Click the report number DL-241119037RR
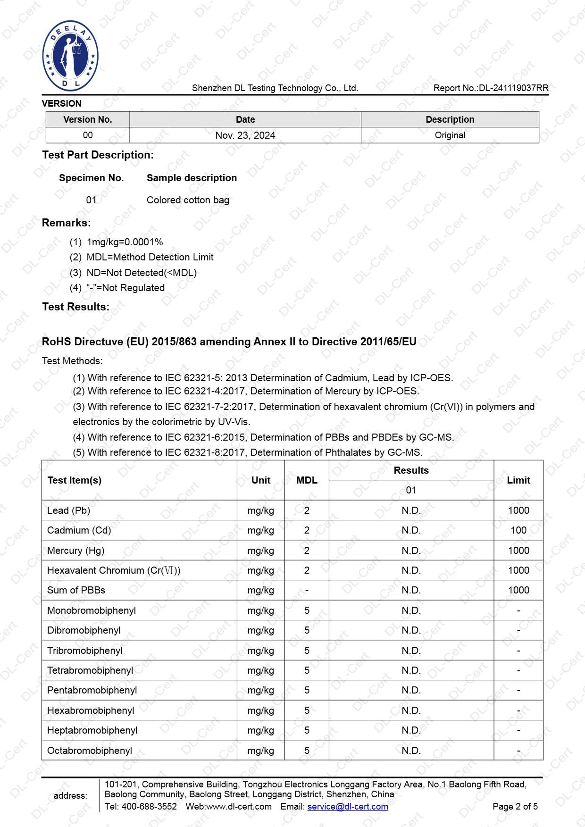click(x=513, y=88)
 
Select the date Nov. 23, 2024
click(x=245, y=135)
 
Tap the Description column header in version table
click(x=450, y=119)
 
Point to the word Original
click(x=450, y=135)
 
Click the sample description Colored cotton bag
click(x=188, y=200)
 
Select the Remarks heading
click(x=67, y=223)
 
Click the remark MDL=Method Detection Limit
click(x=150, y=257)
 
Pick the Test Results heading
click(x=75, y=307)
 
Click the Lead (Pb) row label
click(x=68, y=510)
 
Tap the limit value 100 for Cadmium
click(x=518, y=530)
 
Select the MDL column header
click(x=307, y=480)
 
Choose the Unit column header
click(x=260, y=480)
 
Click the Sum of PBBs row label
click(x=76, y=590)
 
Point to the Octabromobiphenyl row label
click(x=90, y=751)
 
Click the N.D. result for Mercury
click(x=411, y=551)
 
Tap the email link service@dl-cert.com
click(x=348, y=807)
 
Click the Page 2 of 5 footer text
click(x=515, y=807)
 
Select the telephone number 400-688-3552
click(x=149, y=807)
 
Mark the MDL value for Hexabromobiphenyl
click(x=307, y=710)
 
